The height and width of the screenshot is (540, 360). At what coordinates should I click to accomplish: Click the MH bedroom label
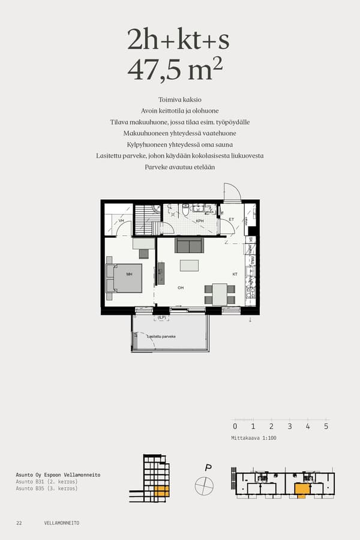pyautogui.click(x=128, y=274)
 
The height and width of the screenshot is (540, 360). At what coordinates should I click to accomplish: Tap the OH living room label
pyautogui.click(x=181, y=288)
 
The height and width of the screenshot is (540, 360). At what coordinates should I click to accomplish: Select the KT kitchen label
pyautogui.click(x=235, y=274)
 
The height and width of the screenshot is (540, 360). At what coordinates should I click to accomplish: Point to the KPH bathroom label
pyautogui.click(x=199, y=221)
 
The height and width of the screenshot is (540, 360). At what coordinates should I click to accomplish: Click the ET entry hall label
pyautogui.click(x=231, y=220)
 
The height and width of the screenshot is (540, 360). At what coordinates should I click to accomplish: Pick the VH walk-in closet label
pyautogui.click(x=121, y=221)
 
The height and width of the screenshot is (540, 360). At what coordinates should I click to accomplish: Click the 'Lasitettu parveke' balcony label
pyautogui.click(x=161, y=337)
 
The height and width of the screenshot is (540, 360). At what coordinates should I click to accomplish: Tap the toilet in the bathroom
pyautogui.click(x=186, y=209)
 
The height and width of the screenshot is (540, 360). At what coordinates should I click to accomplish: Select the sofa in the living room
pyautogui.click(x=189, y=245)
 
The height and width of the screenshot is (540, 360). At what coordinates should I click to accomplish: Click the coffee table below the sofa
pyautogui.click(x=189, y=265)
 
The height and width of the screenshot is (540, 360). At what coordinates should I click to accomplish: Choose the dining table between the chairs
pyautogui.click(x=219, y=294)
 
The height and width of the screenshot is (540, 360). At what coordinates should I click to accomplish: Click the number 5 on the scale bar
pyautogui.click(x=326, y=427)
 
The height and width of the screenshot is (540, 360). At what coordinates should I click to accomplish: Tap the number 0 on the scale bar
pyautogui.click(x=235, y=427)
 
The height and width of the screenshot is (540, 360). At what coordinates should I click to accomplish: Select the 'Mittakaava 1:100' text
pyautogui.click(x=254, y=438)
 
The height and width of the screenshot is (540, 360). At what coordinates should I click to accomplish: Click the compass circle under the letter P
pyautogui.click(x=204, y=485)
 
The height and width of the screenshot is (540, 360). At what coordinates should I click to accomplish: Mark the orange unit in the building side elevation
pyautogui.click(x=161, y=491)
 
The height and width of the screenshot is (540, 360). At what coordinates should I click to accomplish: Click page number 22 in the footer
pyautogui.click(x=19, y=523)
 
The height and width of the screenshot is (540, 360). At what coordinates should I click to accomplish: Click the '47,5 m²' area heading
pyautogui.click(x=175, y=70)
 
